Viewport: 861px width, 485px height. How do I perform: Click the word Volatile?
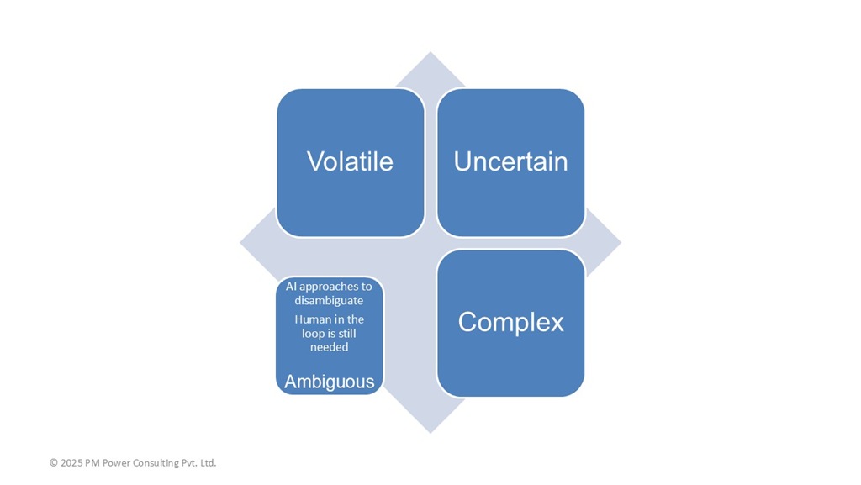click(350, 161)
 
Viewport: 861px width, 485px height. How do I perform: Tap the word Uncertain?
click(510, 161)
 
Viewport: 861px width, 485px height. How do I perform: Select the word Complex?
click(510, 322)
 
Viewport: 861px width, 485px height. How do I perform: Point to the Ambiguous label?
click(330, 382)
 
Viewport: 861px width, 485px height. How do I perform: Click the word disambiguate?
click(329, 300)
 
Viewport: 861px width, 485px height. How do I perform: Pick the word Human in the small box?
click(313, 319)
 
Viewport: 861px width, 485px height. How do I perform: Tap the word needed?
click(329, 347)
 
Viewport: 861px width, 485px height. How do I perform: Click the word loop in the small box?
click(313, 334)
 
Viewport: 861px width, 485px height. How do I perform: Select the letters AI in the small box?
click(291, 287)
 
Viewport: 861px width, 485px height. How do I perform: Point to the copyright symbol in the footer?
click(54, 462)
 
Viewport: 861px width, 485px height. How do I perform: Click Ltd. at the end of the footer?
click(209, 462)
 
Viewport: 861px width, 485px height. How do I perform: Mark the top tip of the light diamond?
click(430, 53)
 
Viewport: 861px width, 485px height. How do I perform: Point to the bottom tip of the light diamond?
click(430, 432)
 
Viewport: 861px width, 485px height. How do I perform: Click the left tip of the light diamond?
click(240, 242)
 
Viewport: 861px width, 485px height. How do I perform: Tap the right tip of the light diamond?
click(621, 242)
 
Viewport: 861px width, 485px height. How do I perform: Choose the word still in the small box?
click(347, 333)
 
